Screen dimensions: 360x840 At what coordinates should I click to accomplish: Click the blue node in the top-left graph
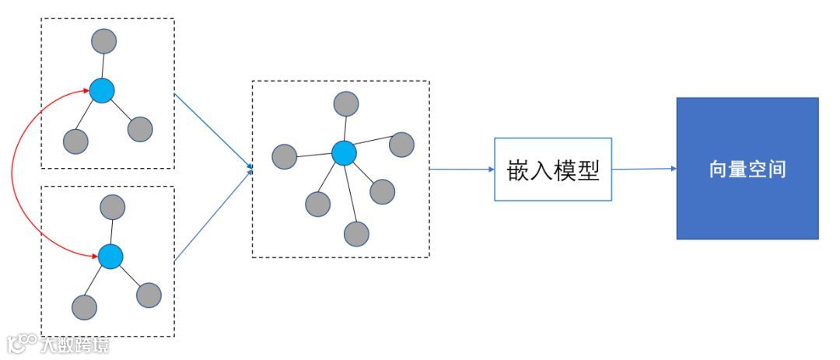tap(102, 91)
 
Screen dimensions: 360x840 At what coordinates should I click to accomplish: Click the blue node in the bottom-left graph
tap(110, 255)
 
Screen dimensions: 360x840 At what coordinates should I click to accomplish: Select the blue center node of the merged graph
tap(344, 152)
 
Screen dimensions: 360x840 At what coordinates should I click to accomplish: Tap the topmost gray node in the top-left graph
tap(103, 40)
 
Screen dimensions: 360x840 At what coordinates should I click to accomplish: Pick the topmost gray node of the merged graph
tap(346, 103)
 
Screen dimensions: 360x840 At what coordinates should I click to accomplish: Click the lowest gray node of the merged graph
tap(356, 233)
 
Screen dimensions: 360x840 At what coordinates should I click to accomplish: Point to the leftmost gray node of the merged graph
tap(285, 156)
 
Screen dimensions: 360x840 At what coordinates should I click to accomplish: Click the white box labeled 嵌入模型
tap(553, 170)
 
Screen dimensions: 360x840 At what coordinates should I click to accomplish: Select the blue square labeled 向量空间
tap(747, 168)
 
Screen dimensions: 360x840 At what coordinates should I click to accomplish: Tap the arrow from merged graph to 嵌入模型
tap(461, 169)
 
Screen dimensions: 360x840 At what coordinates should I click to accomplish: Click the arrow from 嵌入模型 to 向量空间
tap(643, 169)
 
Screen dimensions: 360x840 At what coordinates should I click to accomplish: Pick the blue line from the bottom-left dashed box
tap(212, 215)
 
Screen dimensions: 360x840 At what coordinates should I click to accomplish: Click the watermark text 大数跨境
tap(75, 344)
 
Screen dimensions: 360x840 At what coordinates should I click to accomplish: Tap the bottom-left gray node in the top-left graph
tap(75, 141)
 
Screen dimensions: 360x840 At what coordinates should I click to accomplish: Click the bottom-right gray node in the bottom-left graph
tap(149, 295)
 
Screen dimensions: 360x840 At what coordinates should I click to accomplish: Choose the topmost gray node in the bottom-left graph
tap(114, 206)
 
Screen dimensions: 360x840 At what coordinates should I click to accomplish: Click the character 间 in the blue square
tap(775, 169)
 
